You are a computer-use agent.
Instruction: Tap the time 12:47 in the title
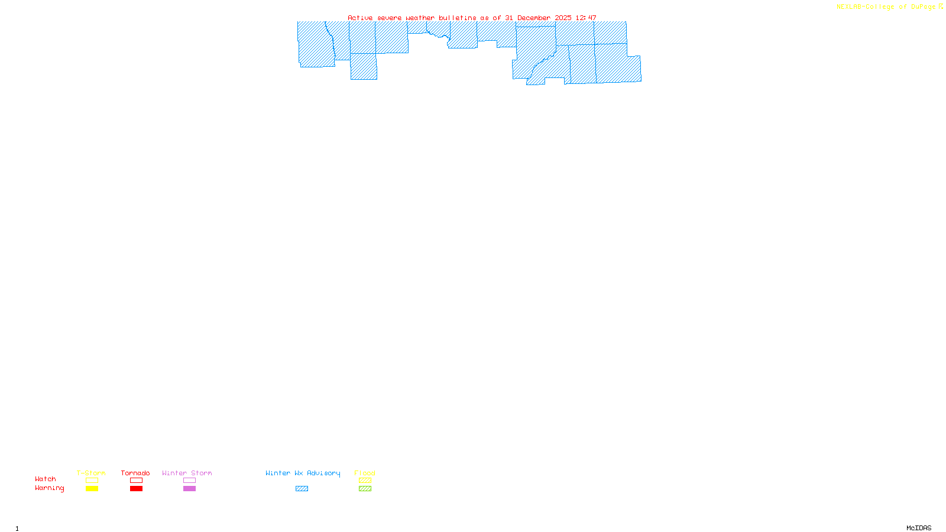[x=586, y=18]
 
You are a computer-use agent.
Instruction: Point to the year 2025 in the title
[x=563, y=18]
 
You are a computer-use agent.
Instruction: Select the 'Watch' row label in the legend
[x=46, y=479]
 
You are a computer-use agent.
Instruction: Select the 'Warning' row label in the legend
[x=50, y=488]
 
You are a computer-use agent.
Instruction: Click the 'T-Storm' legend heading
[x=91, y=473]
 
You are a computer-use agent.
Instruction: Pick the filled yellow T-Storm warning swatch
[x=92, y=489]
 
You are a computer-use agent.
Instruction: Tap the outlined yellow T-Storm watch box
[x=92, y=481]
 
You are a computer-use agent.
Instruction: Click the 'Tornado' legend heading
[x=135, y=473]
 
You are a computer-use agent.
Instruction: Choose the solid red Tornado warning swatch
[x=137, y=489]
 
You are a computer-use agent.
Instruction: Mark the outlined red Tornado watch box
[x=137, y=481]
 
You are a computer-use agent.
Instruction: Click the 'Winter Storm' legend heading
[x=187, y=473]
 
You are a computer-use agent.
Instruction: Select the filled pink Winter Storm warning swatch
[x=189, y=489]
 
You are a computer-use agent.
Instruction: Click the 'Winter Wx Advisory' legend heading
[x=303, y=473]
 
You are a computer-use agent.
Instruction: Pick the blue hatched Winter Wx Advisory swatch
[x=302, y=489]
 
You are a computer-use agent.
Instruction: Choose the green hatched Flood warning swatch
[x=365, y=489]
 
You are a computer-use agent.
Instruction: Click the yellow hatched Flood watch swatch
[x=365, y=481]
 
